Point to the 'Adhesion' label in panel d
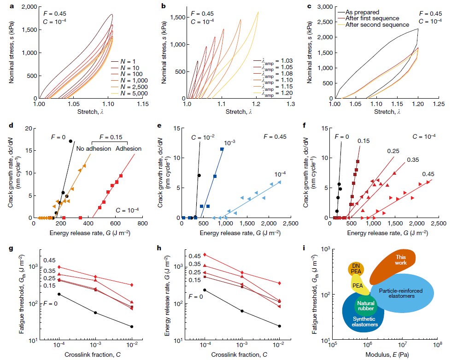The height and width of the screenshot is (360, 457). [129, 149]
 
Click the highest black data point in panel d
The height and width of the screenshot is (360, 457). [70, 141]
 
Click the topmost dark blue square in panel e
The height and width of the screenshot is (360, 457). [222, 149]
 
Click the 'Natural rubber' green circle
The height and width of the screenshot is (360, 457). [366, 306]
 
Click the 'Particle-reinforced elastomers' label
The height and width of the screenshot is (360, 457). [403, 293]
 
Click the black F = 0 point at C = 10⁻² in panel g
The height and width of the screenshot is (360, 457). [132, 327]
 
